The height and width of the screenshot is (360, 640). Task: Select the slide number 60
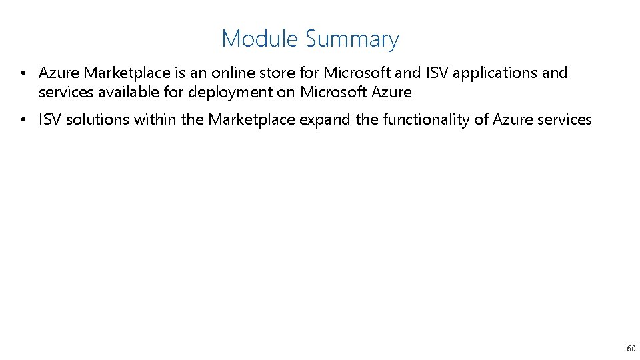coord(631,348)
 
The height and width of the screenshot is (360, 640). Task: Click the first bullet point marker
coord(23,73)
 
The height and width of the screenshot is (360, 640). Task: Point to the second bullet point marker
coord(23,120)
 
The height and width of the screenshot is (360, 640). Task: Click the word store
coord(278,73)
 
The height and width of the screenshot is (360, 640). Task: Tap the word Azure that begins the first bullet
coord(59,73)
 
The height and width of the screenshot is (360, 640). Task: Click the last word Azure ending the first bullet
coord(391,91)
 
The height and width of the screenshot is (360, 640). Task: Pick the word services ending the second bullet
coord(565,120)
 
